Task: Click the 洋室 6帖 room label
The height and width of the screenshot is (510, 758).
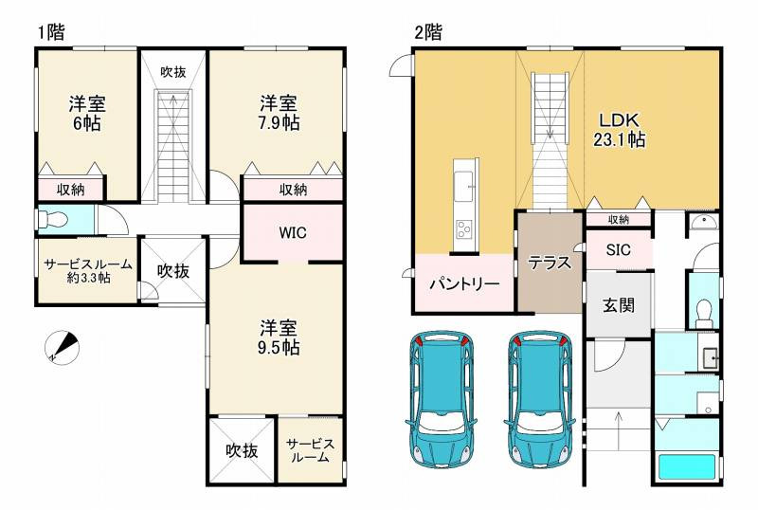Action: pos(85,113)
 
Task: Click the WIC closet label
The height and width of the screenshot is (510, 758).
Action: pos(292,232)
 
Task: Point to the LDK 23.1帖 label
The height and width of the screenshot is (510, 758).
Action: pos(620,130)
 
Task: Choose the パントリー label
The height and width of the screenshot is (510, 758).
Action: pos(464,283)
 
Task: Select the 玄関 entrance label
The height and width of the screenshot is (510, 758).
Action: pos(618,305)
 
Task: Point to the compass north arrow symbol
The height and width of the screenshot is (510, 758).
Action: pos(62,348)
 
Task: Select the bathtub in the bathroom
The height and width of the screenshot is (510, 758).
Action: pos(687,468)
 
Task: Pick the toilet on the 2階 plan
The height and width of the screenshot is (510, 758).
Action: pos(703,312)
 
